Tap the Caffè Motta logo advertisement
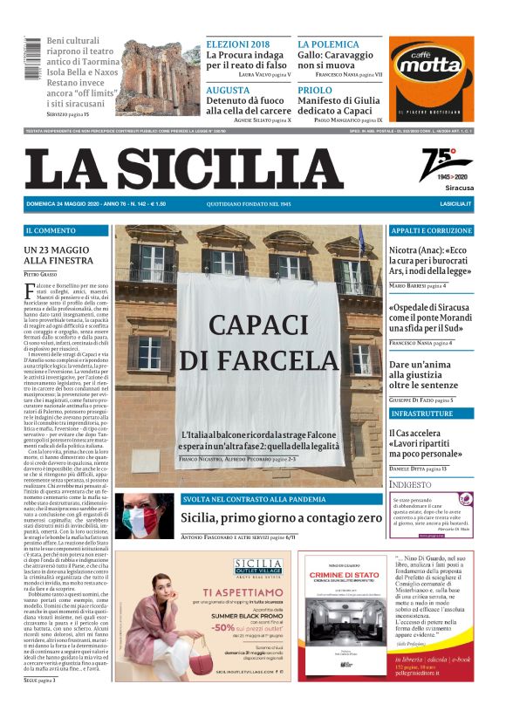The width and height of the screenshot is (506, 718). [432, 79]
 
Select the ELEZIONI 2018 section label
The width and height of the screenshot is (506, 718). [238, 44]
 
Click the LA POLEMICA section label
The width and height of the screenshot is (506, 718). [328, 44]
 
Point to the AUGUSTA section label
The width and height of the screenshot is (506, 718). [229, 90]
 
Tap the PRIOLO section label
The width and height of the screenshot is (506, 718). [315, 90]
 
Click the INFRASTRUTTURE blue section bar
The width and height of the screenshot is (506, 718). [431, 413]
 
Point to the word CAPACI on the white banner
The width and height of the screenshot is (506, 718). [250, 325]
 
